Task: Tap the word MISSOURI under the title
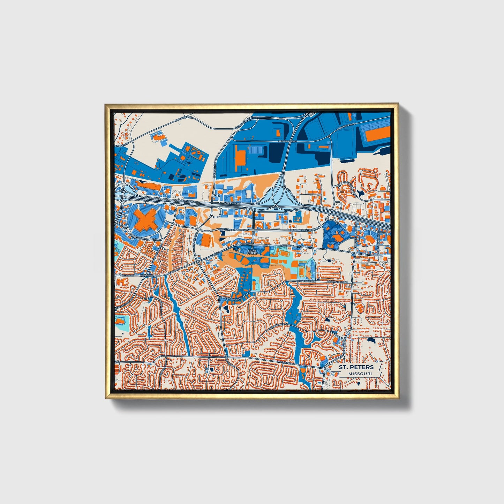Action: pyautogui.click(x=359, y=374)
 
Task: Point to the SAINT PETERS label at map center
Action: pyautogui.click(x=252, y=252)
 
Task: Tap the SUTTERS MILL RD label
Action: pyautogui.click(x=279, y=326)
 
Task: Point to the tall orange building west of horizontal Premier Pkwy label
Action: pyautogui.click(x=240, y=158)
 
